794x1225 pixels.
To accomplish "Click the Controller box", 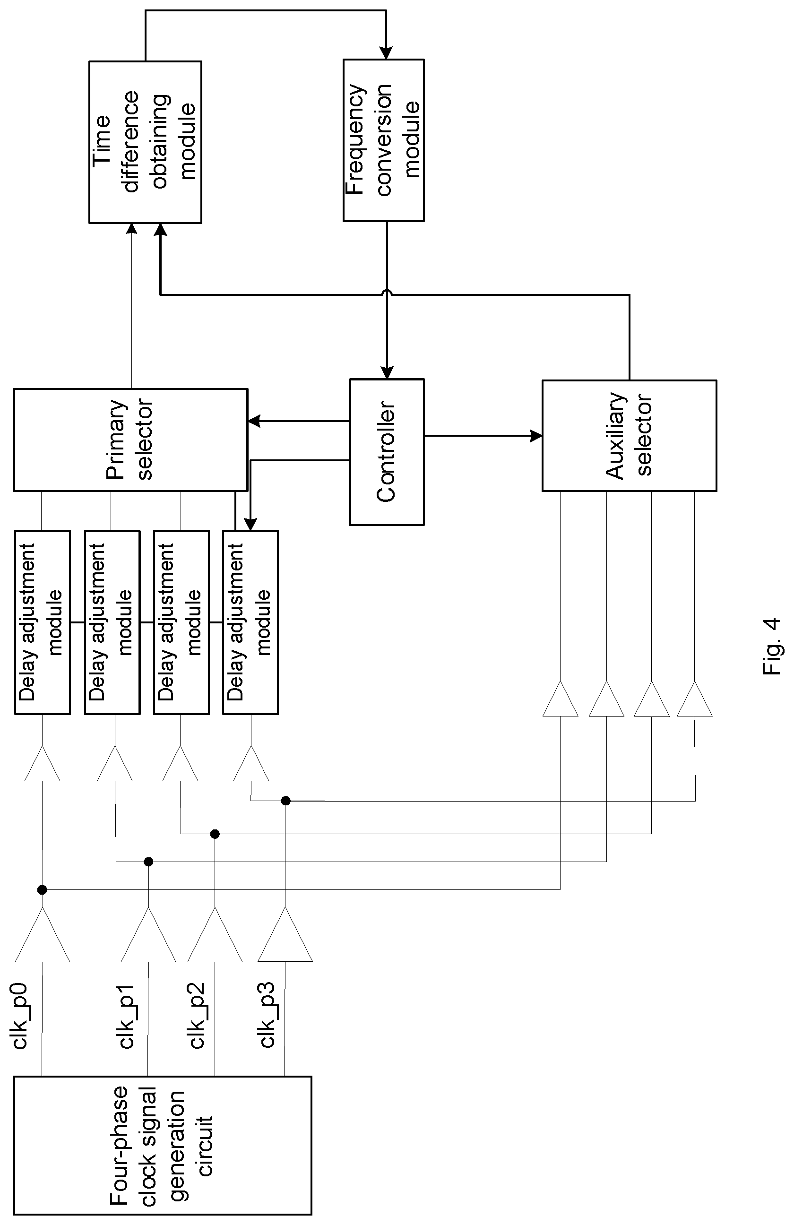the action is pyautogui.click(x=387, y=452).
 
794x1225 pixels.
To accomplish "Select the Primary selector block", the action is pyautogui.click(x=131, y=440).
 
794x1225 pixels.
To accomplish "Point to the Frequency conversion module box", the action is pyautogui.click(x=384, y=140).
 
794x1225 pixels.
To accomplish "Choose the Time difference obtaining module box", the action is pyautogui.click(x=145, y=142).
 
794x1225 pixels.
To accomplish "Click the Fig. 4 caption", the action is pyautogui.click(x=771, y=646).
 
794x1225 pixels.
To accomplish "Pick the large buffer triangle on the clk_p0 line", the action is pyautogui.click(x=42, y=935).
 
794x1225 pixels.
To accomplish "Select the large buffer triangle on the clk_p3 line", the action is pyautogui.click(x=285, y=934).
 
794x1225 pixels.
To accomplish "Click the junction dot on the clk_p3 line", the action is pyautogui.click(x=286, y=801).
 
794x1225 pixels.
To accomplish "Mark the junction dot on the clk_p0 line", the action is pyautogui.click(x=42, y=889).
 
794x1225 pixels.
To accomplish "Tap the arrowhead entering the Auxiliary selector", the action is pyautogui.click(x=536, y=436).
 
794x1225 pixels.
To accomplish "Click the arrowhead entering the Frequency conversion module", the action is pyautogui.click(x=386, y=53).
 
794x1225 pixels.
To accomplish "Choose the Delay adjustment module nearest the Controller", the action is pyautogui.click(x=250, y=622).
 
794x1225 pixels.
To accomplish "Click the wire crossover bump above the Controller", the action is pyautogui.click(x=387, y=293).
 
